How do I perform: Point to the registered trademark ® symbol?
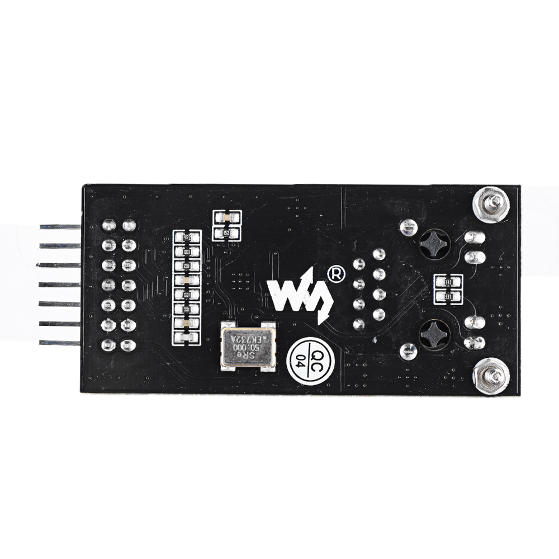click(335, 274)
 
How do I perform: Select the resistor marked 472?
click(186, 238)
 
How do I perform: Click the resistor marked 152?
click(226, 232)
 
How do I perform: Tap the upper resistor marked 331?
click(448, 283)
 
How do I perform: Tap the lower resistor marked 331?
click(448, 297)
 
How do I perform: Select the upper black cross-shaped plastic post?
click(434, 244)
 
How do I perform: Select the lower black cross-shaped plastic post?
click(434, 334)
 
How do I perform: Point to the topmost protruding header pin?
click(59, 227)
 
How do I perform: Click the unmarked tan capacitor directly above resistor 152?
click(226, 217)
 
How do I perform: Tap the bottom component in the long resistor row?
click(186, 337)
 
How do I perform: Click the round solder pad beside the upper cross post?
click(409, 227)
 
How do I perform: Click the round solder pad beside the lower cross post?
click(409, 351)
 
